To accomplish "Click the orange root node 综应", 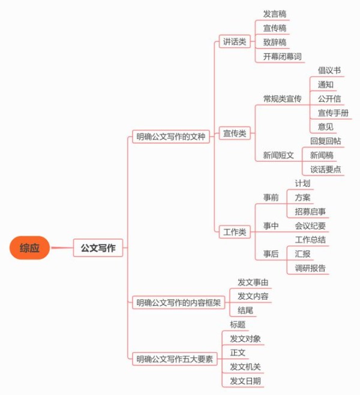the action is coord(29,248).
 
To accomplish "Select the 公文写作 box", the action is coord(98,248).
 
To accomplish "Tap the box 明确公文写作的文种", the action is coord(171,137).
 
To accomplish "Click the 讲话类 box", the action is coord(235,41).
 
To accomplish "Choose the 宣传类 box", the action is coord(235,133).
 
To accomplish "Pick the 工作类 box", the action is coord(235,232).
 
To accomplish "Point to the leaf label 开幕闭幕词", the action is coord(283,56).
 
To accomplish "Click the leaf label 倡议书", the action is coord(329,70).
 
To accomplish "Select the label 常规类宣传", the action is coord(283,98).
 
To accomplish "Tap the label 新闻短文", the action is coord(278,155).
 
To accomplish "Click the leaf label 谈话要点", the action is coord(325,169).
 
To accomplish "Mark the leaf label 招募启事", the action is coord(310,212).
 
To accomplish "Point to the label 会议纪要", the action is coord(310,226).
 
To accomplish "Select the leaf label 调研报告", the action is coord(310,268).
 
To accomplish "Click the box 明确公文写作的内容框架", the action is coord(178,302).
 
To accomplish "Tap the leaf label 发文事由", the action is coord(253,282).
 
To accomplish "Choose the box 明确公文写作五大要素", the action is coord(175,358).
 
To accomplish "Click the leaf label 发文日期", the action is coord(245,381).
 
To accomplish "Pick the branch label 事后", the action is coord(271,254).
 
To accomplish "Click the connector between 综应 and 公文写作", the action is coord(62,248).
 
